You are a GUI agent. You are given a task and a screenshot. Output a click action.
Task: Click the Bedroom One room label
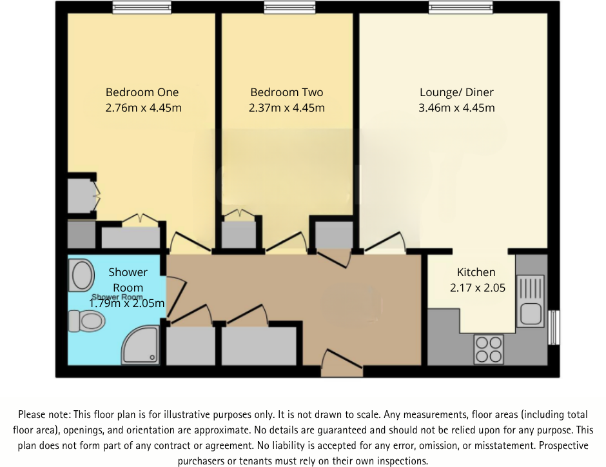click(142, 92)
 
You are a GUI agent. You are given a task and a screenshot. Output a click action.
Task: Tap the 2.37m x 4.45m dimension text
click(286, 108)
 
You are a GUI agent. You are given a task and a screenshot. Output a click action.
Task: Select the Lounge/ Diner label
click(456, 92)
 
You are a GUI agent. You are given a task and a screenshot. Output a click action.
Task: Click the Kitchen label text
click(476, 272)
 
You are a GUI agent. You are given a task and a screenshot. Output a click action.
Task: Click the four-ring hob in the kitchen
click(488, 349)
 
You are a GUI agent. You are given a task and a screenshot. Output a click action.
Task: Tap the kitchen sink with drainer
click(531, 300)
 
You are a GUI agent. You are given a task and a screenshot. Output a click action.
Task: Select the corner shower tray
click(139, 344)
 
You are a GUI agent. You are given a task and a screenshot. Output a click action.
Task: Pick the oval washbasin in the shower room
click(82, 275)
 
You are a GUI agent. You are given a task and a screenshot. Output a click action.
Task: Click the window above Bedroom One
click(141, 8)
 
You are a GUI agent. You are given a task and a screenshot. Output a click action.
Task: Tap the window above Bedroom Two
click(285, 8)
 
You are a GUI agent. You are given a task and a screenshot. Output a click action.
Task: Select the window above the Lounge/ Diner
click(461, 8)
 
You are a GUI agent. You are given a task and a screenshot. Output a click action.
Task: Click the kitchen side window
click(553, 327)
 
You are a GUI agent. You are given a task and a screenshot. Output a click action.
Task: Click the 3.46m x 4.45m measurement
click(456, 108)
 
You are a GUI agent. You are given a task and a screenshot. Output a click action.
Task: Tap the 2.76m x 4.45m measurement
click(143, 108)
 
